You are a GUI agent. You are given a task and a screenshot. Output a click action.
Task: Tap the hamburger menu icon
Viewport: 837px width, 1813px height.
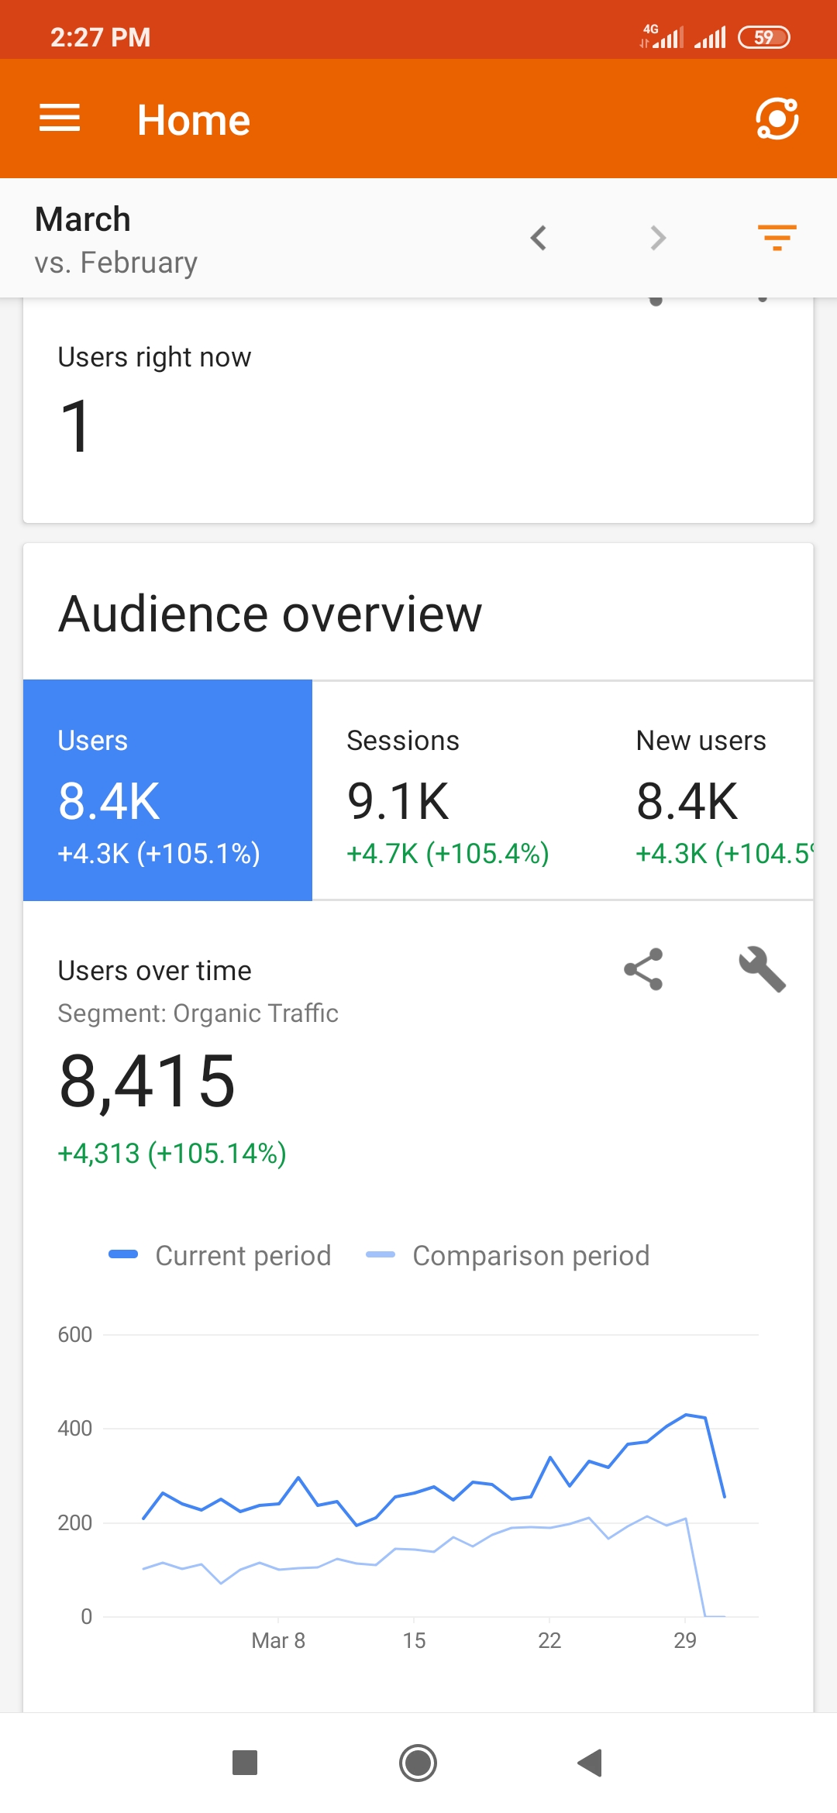click(60, 119)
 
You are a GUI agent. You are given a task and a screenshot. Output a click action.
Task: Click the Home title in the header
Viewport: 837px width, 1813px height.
click(194, 120)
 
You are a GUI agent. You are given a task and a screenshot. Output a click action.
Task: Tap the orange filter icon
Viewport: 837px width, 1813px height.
click(777, 237)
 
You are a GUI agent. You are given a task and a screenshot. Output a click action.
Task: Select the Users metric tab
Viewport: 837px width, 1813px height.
click(167, 790)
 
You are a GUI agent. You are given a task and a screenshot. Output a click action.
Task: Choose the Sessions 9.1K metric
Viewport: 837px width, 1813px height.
click(447, 798)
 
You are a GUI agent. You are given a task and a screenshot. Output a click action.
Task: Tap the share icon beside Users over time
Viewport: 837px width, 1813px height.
click(643, 969)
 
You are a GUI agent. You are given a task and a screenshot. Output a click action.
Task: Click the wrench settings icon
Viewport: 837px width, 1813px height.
click(762, 969)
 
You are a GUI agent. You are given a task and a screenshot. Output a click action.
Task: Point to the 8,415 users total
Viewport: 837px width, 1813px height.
click(147, 1082)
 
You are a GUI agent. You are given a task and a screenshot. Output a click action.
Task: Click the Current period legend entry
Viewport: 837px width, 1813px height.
click(221, 1256)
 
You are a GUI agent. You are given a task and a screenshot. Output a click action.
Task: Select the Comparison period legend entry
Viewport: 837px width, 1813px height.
click(508, 1256)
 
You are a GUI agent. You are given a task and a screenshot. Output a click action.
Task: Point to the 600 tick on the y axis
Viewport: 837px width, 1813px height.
click(74, 1335)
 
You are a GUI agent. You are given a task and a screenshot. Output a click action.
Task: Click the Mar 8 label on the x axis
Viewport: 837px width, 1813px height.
click(278, 1640)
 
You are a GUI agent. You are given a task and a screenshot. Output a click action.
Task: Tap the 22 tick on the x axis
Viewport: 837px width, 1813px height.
click(549, 1640)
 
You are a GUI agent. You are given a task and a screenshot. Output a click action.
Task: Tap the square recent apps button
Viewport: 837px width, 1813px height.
click(245, 1763)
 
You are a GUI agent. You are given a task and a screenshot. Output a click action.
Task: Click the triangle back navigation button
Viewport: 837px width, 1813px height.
click(591, 1763)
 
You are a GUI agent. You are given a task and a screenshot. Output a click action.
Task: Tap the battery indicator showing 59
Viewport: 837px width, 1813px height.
click(763, 37)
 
